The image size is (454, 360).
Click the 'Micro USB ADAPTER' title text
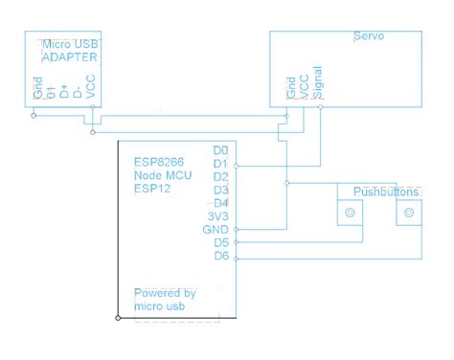pyautogui.click(x=66, y=50)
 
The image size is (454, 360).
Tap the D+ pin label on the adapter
pyautogui.click(x=64, y=92)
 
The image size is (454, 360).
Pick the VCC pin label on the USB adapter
pyautogui.click(x=90, y=89)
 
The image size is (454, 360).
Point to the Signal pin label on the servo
pyautogui.click(x=319, y=83)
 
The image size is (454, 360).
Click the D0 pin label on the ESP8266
pyautogui.click(x=220, y=151)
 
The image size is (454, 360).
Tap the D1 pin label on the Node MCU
pyautogui.click(x=220, y=165)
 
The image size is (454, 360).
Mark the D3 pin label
pyautogui.click(x=220, y=191)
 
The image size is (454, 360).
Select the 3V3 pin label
pyautogui.click(x=218, y=216)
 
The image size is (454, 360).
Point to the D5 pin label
pyautogui.click(x=220, y=243)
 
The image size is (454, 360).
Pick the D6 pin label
pyautogui.click(x=220, y=257)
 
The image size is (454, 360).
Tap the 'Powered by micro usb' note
pyautogui.click(x=165, y=299)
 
